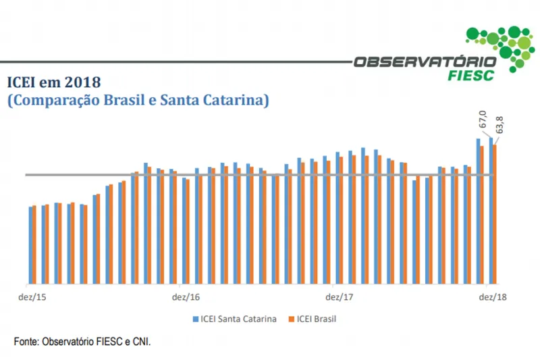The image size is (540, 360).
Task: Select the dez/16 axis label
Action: [186, 297]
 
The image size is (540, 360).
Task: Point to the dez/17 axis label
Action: [340, 297]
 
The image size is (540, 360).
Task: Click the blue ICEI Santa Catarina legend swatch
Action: [196, 319]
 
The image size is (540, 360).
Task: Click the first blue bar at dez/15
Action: [30, 245]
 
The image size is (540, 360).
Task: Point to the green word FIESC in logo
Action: [470, 74]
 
